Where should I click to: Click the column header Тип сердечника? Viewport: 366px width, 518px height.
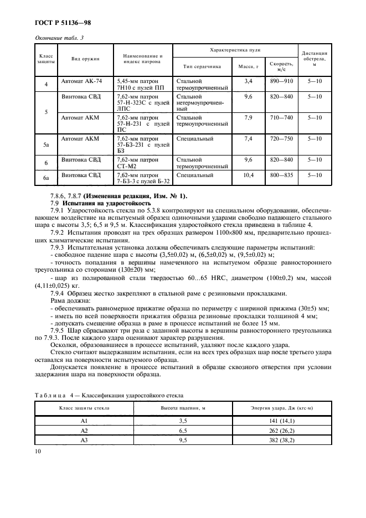(x=202, y=66)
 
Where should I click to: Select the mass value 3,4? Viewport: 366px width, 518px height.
(x=248, y=81)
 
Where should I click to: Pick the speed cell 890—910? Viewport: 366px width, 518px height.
(x=281, y=81)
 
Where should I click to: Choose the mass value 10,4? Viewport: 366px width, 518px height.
(x=248, y=175)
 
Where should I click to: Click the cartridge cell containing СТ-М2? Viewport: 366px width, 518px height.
(x=143, y=162)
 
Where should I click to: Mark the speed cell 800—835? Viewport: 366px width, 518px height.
(x=281, y=175)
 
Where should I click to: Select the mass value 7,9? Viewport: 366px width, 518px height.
(x=248, y=117)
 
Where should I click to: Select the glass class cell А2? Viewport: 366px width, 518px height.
(x=84, y=430)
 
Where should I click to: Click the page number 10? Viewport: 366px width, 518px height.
(x=38, y=452)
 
